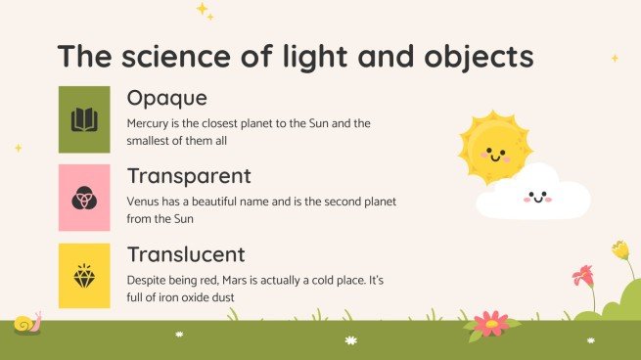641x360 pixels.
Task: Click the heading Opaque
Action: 167,100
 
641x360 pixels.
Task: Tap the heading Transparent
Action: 189,177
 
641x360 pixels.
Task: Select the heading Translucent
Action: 186,255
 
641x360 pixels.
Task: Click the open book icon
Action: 84,119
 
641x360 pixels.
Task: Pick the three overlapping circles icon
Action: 84,198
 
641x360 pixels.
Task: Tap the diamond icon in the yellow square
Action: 84,276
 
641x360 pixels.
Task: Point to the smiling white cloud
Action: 534,196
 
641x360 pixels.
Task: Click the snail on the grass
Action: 26,323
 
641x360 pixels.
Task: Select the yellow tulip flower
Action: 620,250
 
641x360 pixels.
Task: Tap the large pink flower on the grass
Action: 490,324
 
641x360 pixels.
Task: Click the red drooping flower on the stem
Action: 584,275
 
